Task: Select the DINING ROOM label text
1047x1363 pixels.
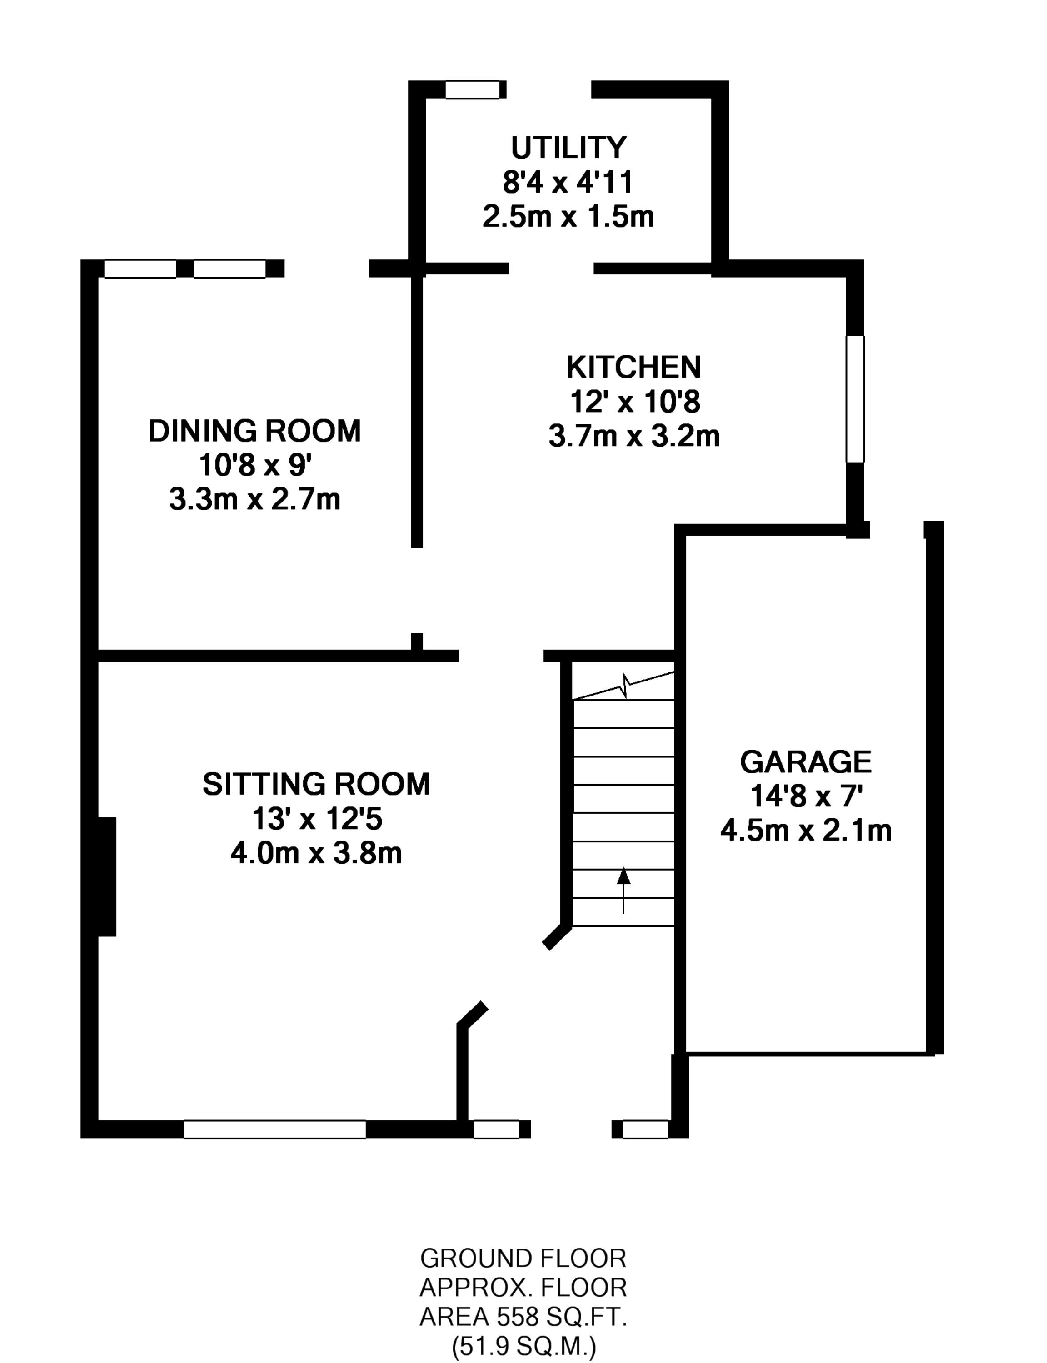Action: click(254, 431)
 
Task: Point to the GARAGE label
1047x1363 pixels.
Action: click(805, 762)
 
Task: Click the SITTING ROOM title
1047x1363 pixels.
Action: click(316, 784)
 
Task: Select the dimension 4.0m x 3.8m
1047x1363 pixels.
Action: click(316, 853)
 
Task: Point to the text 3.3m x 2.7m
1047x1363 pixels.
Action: click(254, 500)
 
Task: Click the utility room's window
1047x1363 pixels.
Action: click(473, 90)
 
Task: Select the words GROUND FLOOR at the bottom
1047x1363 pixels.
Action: click(523, 1259)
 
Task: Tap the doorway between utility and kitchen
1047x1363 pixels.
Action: click(551, 269)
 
